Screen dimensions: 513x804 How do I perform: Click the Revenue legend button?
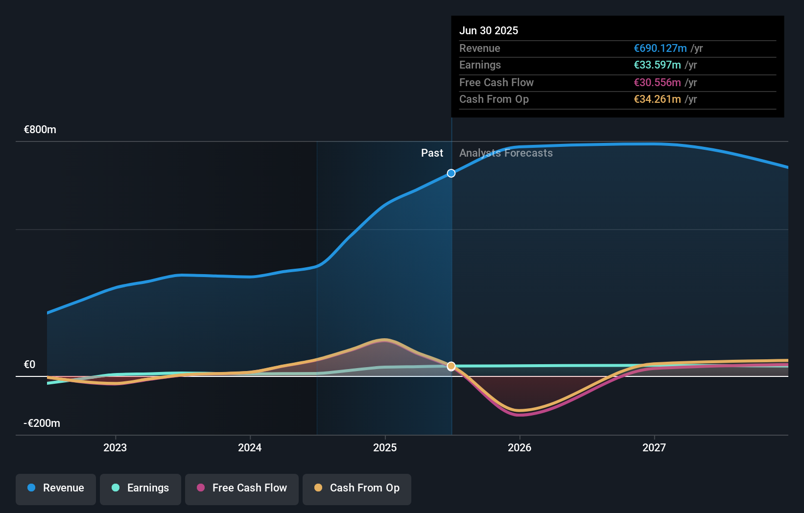(x=56, y=488)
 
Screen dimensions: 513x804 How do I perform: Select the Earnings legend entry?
(x=141, y=488)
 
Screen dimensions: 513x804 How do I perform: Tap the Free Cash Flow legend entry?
(x=242, y=488)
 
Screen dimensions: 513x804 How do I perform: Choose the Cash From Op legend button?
(x=357, y=488)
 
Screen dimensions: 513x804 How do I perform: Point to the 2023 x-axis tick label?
(x=115, y=448)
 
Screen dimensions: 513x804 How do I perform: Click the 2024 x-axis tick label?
(x=250, y=448)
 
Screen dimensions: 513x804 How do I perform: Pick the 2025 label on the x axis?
(x=385, y=448)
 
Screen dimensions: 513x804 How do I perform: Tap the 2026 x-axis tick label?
(x=520, y=448)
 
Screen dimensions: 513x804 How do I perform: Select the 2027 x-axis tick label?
(x=654, y=448)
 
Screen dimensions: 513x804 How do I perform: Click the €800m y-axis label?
(x=40, y=130)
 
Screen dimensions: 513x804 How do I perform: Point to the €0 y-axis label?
(x=29, y=365)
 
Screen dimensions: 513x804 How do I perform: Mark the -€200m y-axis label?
(x=42, y=423)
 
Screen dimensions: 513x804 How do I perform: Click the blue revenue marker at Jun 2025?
(x=451, y=173)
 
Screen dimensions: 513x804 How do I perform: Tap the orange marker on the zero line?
(x=451, y=366)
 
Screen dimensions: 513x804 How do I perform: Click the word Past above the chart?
(x=432, y=153)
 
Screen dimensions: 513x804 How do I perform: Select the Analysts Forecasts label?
(x=506, y=153)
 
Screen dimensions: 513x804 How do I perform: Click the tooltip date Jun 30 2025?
(x=489, y=31)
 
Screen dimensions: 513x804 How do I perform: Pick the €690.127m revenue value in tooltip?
(x=660, y=48)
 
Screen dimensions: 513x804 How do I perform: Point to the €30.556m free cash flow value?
(x=657, y=83)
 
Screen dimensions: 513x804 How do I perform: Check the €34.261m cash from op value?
(x=657, y=99)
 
